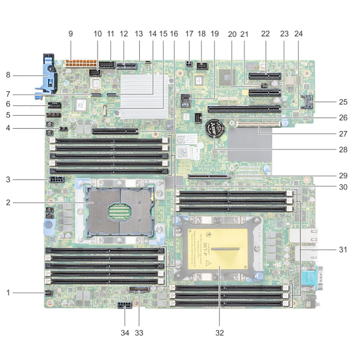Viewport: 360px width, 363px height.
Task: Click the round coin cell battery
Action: coord(215,129)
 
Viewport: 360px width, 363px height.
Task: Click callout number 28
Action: coord(343,149)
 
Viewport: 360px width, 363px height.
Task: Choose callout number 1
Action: coord(8,293)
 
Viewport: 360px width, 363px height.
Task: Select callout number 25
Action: coord(343,101)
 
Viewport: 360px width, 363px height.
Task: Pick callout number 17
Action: coord(189,34)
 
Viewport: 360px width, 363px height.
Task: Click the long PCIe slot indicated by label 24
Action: coord(244,108)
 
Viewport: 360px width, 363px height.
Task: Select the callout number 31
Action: coord(343,249)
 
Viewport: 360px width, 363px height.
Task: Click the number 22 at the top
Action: coord(265,34)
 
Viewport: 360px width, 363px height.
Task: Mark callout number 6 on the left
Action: coord(8,104)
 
